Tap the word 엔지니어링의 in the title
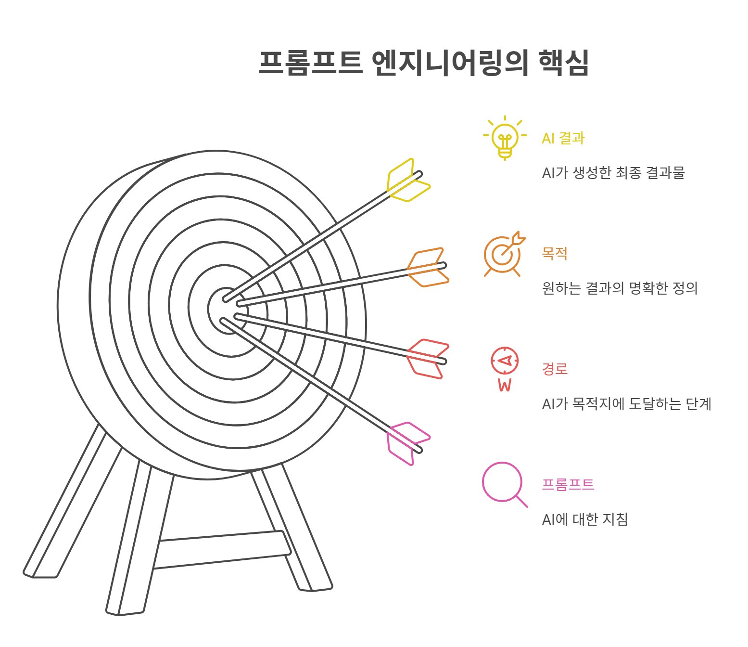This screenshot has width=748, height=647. click(450, 63)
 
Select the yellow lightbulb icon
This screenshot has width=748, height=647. click(505, 138)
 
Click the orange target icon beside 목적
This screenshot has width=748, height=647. click(503, 254)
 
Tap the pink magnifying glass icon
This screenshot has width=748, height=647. click(503, 483)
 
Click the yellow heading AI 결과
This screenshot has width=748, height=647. click(563, 139)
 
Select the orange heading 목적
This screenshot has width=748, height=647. click(555, 253)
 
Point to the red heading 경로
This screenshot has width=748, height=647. click(555, 369)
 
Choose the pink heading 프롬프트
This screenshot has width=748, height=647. click(568, 484)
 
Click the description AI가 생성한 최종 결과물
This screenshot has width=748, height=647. click(613, 173)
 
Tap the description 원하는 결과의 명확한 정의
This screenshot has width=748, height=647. click(620, 288)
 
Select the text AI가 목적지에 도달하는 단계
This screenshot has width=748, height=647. click(626, 404)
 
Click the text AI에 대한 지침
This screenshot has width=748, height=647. click(584, 519)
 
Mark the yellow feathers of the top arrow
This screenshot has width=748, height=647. click(406, 181)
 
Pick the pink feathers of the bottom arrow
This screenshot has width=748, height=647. click(406, 443)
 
